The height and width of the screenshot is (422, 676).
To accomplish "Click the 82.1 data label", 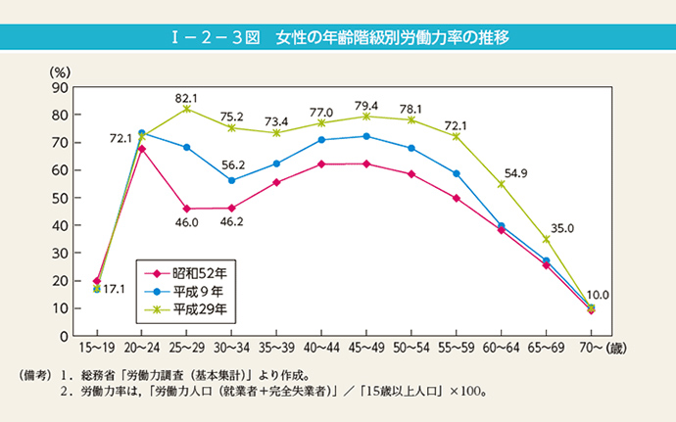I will coord(187,98).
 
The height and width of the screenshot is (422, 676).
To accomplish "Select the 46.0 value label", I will coord(187,223).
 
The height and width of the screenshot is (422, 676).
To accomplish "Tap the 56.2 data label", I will coord(232,165).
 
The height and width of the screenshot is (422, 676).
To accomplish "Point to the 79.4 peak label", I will coord(366,105).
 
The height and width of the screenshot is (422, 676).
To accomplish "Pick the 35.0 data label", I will coord(560,228).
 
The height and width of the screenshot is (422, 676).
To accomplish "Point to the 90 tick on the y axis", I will coord(60,87).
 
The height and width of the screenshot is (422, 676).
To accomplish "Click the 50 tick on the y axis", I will coord(60,198).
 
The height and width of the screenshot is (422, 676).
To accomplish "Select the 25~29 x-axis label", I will coord(187,349).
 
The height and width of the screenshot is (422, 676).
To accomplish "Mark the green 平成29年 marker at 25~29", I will coord(187,109).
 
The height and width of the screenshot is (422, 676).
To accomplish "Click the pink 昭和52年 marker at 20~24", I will coord(142,149).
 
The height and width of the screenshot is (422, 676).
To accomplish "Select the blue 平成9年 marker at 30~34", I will coord(232,180).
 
